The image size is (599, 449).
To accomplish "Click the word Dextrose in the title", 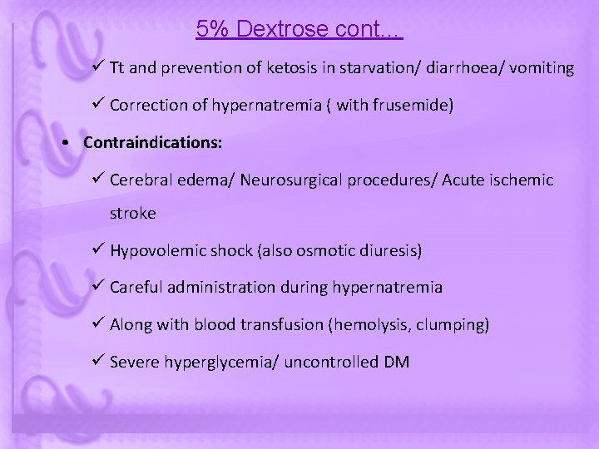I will pyautogui.click(x=281, y=29).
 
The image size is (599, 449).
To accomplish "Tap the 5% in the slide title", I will pyautogui.click(x=213, y=29).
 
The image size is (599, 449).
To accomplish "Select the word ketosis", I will pyautogui.click(x=294, y=68).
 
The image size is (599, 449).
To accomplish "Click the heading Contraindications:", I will pyautogui.click(x=152, y=143).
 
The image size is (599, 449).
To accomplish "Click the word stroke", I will pyautogui.click(x=132, y=213).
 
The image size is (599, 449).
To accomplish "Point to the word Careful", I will pyautogui.click(x=136, y=288).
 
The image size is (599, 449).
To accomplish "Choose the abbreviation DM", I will pyautogui.click(x=396, y=363).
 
